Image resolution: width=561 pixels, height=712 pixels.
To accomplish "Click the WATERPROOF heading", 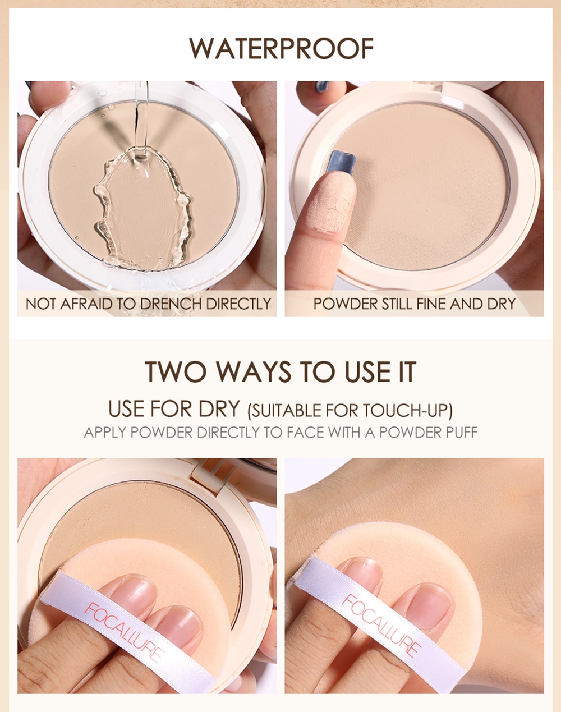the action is click(x=282, y=48).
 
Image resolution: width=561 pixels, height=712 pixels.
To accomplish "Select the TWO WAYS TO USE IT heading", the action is click(x=280, y=372).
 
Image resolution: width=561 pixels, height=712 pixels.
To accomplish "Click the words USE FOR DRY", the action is click(x=174, y=409).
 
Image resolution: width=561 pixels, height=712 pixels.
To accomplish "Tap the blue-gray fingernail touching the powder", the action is click(x=341, y=161).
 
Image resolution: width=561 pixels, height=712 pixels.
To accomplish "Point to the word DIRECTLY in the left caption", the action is click(x=238, y=304).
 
